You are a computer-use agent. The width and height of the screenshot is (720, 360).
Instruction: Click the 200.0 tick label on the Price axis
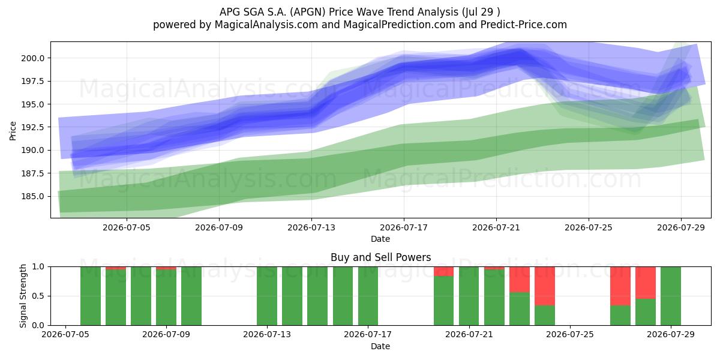[33, 58]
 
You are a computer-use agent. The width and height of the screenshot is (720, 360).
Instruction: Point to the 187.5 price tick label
[33, 173]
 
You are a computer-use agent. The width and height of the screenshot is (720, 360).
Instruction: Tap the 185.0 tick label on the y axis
[33, 196]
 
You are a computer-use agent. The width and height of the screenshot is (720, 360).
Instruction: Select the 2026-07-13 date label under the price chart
[311, 227]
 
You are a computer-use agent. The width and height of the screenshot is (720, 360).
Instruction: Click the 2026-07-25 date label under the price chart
[589, 227]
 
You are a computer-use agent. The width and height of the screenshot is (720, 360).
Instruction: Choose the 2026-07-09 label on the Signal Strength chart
[166, 334]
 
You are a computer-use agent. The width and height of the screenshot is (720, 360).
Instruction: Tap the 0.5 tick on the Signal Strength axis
[38, 296]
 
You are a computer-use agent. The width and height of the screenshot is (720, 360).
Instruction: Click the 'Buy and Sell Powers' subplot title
[380, 257]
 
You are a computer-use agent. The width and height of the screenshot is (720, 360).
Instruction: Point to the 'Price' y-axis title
[13, 131]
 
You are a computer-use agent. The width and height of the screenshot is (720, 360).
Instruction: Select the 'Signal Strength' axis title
[23, 296]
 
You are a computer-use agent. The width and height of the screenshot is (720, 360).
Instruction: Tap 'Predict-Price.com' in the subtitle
[524, 25]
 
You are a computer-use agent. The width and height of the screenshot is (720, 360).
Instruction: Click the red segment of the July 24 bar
[545, 286]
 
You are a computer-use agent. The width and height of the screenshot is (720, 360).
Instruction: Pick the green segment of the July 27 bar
[620, 316]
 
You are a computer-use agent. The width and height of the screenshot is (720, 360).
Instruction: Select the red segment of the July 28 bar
[646, 283]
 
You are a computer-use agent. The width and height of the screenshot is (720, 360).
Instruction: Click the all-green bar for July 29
[671, 296]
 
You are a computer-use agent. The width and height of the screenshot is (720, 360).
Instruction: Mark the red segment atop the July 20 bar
[444, 271]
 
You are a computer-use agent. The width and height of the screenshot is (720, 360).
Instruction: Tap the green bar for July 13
[267, 296]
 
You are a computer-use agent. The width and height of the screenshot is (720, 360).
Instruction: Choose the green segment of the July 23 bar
[520, 309]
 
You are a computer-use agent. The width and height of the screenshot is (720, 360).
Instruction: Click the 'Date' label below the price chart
[380, 239]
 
